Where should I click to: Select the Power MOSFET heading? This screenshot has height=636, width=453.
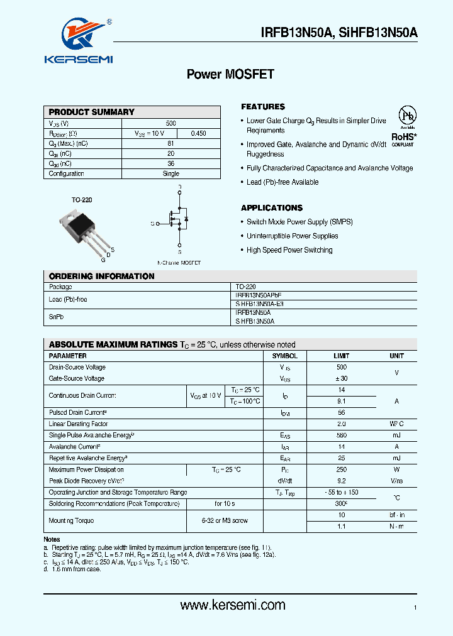click(x=230, y=74)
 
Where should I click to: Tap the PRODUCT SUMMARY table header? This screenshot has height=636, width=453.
click(x=92, y=112)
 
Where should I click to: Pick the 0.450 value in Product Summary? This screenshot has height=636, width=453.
click(x=198, y=134)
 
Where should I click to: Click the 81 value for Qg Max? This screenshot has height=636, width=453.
click(x=171, y=144)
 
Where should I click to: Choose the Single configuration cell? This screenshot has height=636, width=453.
click(x=171, y=174)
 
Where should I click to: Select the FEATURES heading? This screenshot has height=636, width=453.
click(x=263, y=107)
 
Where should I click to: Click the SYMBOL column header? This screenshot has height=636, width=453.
click(x=284, y=356)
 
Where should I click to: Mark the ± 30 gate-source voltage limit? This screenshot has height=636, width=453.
click(x=341, y=379)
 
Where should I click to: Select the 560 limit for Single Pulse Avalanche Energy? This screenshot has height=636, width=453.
click(x=341, y=436)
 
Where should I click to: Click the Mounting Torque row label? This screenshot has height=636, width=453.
click(x=71, y=521)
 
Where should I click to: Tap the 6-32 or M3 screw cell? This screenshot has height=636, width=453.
click(x=225, y=521)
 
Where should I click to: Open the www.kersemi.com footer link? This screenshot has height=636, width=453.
click(x=233, y=605)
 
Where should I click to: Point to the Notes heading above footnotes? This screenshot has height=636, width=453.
click(x=52, y=539)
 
